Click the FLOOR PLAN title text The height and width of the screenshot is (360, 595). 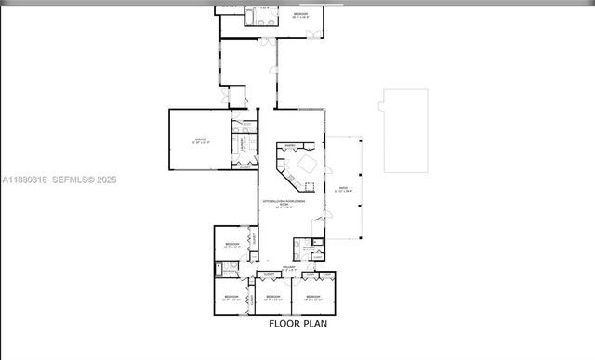pyautogui.click(x=297, y=325)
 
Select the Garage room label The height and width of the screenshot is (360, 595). pyautogui.click(x=201, y=140)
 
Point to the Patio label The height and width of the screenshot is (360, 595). pyautogui.click(x=343, y=189)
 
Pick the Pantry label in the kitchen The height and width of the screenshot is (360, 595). pyautogui.click(x=290, y=146)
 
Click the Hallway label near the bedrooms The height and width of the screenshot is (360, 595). pyautogui.click(x=289, y=268)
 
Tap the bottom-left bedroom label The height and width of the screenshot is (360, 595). pyautogui.click(x=231, y=297)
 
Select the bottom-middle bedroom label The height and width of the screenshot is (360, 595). pyautogui.click(x=272, y=297)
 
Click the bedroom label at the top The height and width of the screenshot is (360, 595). pyautogui.click(x=300, y=15)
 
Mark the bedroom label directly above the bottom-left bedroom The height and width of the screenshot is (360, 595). pyautogui.click(x=231, y=245)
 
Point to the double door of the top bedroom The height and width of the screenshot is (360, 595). pyautogui.click(x=314, y=34)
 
